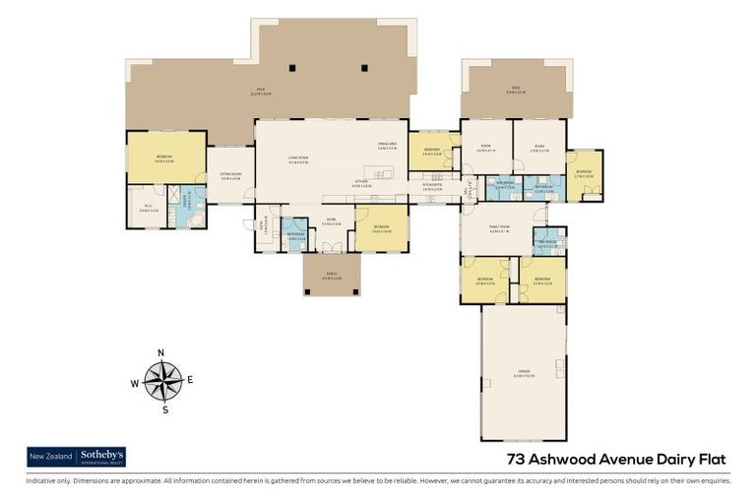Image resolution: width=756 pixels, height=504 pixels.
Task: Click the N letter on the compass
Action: click(160, 352)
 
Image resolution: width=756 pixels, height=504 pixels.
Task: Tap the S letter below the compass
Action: click(164, 409)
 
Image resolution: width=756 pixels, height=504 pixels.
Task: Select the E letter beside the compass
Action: click(190, 379)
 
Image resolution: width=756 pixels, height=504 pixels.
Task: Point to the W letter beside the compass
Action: click(135, 384)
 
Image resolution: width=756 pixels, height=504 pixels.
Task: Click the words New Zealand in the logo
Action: click(50, 456)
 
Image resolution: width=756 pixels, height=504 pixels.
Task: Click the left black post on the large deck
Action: click(292, 68)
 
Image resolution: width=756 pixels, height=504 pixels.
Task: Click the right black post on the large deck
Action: click(363, 68)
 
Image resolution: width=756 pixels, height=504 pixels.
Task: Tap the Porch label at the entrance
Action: click(330, 276)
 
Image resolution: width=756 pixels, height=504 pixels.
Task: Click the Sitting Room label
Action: click(230, 176)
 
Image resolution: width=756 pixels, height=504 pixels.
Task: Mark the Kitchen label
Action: click(363, 183)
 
